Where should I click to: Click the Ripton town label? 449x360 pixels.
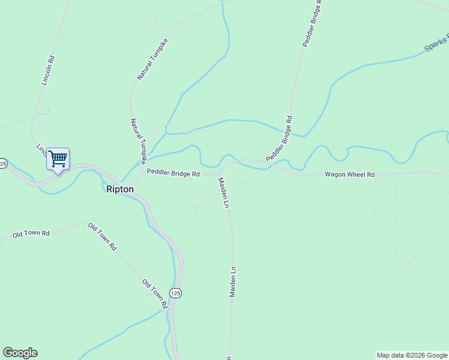click(119, 189)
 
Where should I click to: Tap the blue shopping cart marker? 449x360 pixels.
click(58, 160)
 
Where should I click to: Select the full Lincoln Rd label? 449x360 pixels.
click(48, 71)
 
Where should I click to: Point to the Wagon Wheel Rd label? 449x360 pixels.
click(349, 175)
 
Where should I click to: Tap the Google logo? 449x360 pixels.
click(20, 353)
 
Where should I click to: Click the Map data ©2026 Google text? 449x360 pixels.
click(412, 355)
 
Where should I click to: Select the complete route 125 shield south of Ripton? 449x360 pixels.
click(175, 293)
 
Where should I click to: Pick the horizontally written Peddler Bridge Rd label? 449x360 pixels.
click(173, 174)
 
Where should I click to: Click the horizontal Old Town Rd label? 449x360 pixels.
click(31, 233)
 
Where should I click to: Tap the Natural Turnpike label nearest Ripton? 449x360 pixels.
click(139, 141)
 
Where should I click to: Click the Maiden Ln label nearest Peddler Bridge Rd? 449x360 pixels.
click(223, 193)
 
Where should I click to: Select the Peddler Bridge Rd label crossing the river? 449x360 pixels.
click(279, 138)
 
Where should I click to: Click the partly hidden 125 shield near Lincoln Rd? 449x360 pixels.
click(3, 163)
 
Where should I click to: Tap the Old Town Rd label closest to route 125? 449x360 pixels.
click(154, 293)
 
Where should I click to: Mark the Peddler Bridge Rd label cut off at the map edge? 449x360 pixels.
click(312, 24)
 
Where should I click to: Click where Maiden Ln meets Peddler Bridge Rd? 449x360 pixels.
click(218, 174)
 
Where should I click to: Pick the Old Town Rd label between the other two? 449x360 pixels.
click(102, 236)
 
